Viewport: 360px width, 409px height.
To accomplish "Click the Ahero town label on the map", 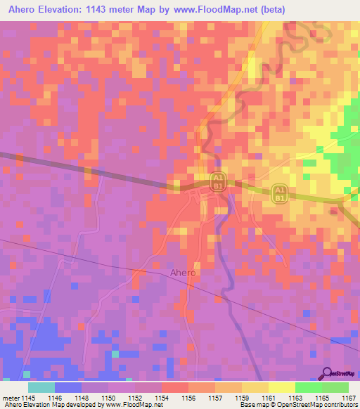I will [x=183, y=272].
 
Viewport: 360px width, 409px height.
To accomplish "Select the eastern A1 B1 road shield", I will [x=279, y=195].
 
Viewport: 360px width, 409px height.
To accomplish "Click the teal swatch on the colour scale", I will [x=41, y=387].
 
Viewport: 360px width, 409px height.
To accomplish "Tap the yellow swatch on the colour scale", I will [x=281, y=387].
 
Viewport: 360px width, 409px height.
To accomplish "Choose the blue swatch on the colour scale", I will [x=67, y=387].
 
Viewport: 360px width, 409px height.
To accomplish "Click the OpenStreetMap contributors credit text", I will [x=319, y=405].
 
